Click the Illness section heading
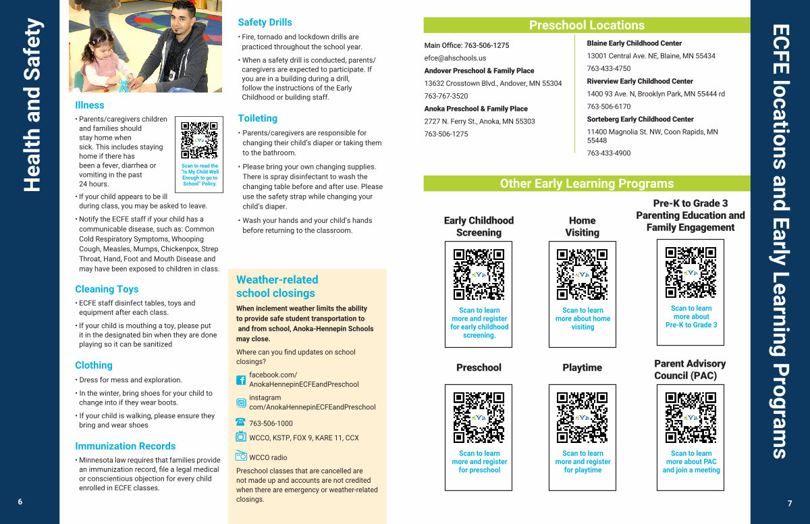[x=89, y=105]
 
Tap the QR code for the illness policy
[x=199, y=140]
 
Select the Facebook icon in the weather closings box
[x=241, y=380]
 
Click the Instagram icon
[x=241, y=402]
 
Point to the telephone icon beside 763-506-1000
[x=240, y=422]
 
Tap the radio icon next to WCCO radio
[x=241, y=455]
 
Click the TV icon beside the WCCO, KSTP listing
[x=241, y=436]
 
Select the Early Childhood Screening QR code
[x=479, y=274]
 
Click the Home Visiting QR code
[x=582, y=274]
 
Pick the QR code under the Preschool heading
[x=479, y=418]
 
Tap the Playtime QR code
[x=582, y=418]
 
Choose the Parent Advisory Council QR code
[x=691, y=418]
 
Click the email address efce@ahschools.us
[x=455, y=58]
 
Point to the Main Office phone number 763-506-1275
[x=487, y=45]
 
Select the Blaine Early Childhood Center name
[x=634, y=43]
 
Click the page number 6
[x=20, y=502]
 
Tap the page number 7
[x=790, y=503]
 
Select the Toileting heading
[x=258, y=118]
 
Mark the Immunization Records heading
[x=125, y=446]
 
